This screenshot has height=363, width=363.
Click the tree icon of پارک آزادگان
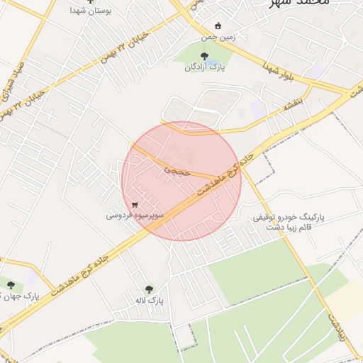(204, 55)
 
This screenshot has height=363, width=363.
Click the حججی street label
(177, 170)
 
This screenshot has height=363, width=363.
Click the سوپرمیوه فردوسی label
(135, 213)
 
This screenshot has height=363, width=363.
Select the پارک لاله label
(151, 301)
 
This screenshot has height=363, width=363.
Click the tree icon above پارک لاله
(149, 289)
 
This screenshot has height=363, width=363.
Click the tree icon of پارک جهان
(9, 286)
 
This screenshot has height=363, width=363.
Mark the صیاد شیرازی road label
(15, 80)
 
